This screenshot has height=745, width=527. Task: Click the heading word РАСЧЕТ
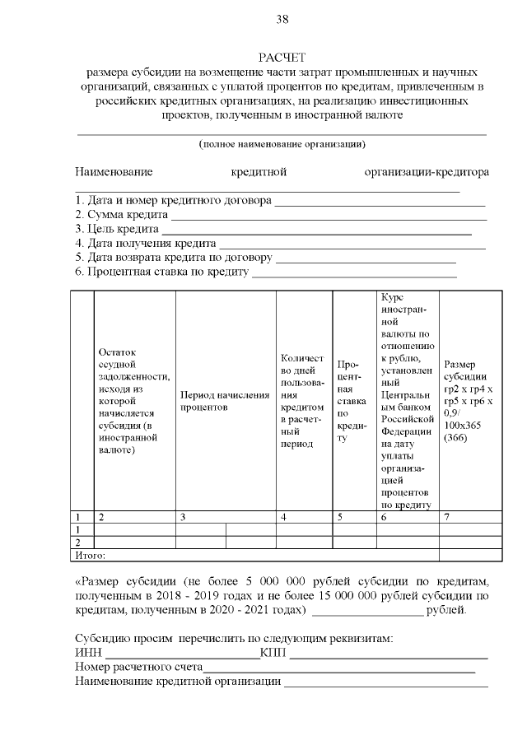point(282,57)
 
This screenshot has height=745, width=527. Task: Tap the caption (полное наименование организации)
point(282,144)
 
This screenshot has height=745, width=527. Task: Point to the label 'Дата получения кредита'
point(144,244)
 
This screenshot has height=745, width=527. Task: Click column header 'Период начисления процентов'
point(225,401)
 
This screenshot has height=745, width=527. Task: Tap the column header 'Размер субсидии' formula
point(469,401)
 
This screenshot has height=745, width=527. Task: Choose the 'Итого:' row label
point(91,555)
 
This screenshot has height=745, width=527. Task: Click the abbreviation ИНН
point(86,654)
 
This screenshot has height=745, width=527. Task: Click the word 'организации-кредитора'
point(427,172)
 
